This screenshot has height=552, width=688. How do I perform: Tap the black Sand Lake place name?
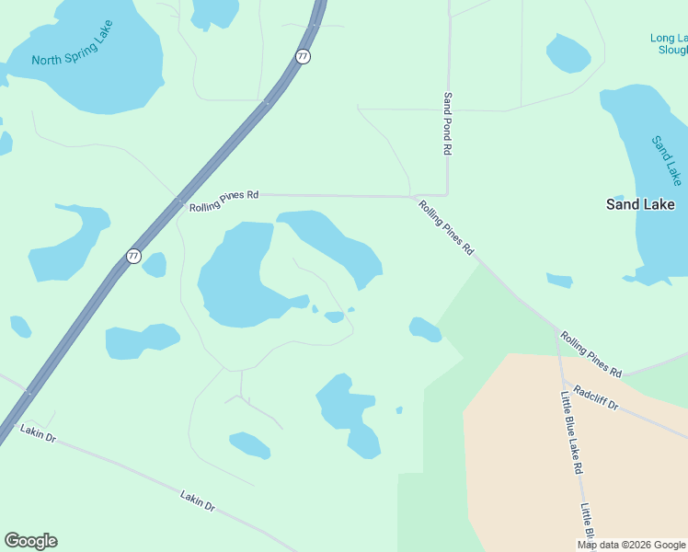point(640,204)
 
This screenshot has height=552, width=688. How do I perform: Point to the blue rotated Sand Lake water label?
point(667,159)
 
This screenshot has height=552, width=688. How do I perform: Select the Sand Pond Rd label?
point(448,122)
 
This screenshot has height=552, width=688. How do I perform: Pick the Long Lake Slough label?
point(669,43)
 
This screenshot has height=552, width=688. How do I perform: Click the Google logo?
point(30,541)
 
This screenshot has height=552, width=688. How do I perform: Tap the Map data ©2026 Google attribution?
point(631,545)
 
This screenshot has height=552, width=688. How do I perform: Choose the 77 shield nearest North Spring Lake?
point(304,56)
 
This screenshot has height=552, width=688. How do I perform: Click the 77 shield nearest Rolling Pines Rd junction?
point(133,256)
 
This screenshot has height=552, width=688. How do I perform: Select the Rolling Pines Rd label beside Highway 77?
point(224,201)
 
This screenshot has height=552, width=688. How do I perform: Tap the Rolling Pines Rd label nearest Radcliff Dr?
point(591,355)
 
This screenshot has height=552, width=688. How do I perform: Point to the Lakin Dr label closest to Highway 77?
point(39,434)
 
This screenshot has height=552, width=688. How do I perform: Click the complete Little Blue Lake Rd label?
point(571,432)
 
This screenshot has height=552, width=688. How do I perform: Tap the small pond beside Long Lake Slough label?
point(568,52)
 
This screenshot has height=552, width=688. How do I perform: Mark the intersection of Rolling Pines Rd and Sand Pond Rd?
point(446,195)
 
